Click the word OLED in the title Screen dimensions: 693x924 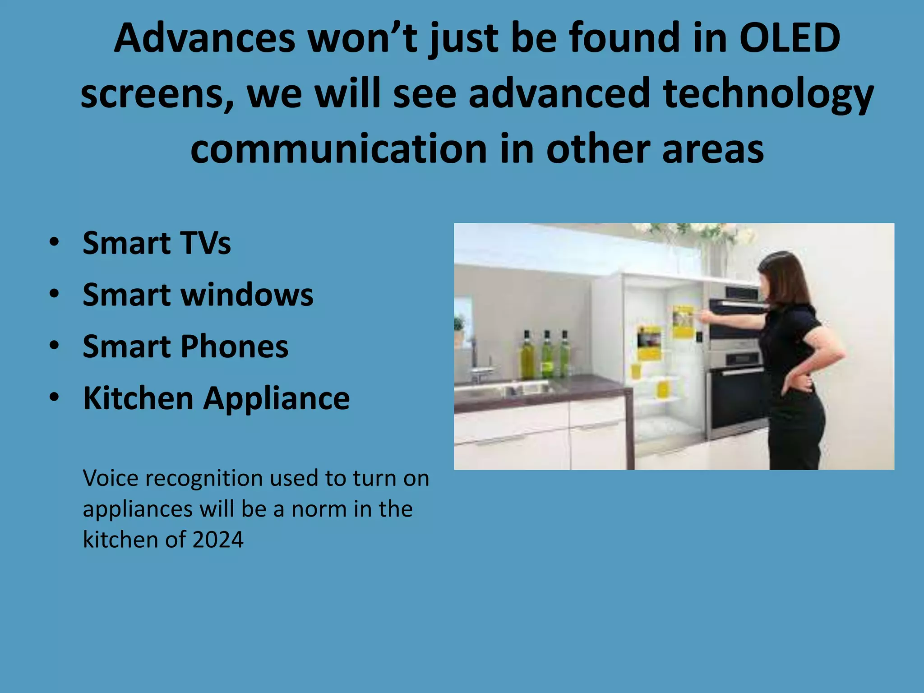790,38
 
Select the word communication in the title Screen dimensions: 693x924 338,149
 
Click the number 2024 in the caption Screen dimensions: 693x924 218,540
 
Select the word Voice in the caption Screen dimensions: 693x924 110,478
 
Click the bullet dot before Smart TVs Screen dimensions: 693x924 55,243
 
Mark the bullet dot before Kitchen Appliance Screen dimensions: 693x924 55,398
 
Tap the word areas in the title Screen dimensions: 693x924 713,149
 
